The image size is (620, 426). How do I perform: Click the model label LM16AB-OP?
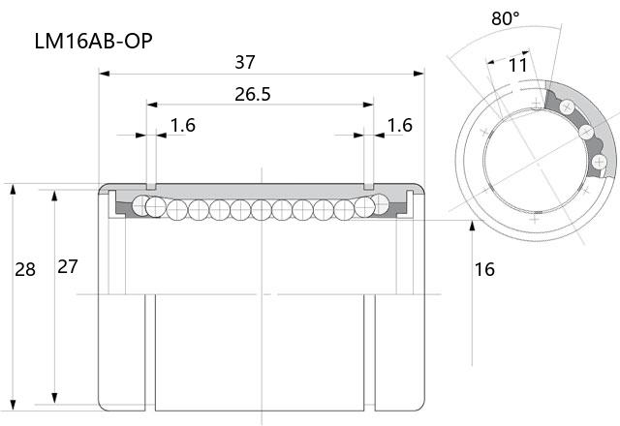point(94,41)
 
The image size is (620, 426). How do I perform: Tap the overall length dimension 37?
point(245,62)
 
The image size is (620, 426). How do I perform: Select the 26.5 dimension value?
point(253,94)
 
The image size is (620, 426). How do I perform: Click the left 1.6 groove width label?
point(183,125)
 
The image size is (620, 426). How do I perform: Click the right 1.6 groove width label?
point(400,125)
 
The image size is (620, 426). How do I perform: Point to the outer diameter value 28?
point(25,269)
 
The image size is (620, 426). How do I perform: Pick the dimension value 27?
point(68,267)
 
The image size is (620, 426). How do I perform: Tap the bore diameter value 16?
point(484,269)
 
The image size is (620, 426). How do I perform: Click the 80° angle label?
point(506,18)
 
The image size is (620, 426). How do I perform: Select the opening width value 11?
point(518,65)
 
